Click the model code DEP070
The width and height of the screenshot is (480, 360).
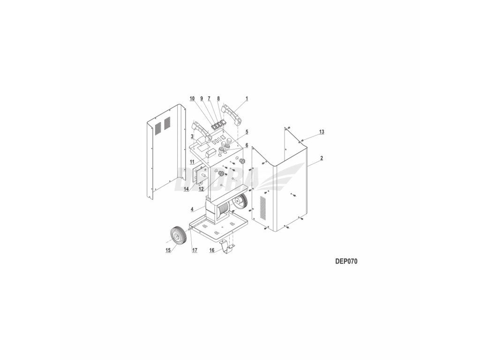coord(346,262)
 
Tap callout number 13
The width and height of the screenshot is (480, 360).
coord(322,132)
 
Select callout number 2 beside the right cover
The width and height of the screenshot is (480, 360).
coord(322,158)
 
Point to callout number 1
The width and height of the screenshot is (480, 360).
coord(247,98)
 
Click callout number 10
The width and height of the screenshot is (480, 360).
coord(192,98)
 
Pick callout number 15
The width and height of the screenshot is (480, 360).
coord(168,250)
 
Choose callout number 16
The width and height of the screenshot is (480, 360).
coord(212,250)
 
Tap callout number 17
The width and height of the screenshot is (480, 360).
coord(195,250)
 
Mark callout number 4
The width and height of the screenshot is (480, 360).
coord(192,210)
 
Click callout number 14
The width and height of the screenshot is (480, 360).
coord(186,189)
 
